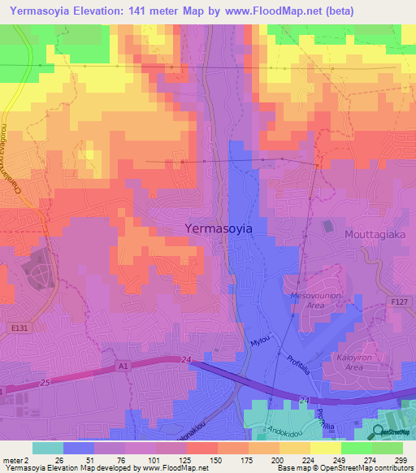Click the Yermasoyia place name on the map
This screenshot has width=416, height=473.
218,229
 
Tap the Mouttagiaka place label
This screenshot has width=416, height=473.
375,230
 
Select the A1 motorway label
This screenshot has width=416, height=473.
123,367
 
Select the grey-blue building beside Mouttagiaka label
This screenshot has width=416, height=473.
328,225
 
